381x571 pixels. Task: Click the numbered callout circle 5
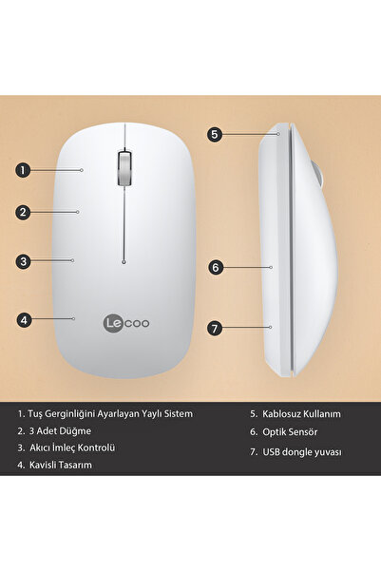pos(216,134)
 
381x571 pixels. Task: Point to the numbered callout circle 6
pos(216,268)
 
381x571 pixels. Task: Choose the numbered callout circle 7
pos(216,329)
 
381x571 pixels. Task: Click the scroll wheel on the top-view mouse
pos(124,167)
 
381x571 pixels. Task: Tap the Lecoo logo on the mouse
pos(125,323)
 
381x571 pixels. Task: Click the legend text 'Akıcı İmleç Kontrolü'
pos(72,447)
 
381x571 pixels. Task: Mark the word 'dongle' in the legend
pos(305,452)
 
